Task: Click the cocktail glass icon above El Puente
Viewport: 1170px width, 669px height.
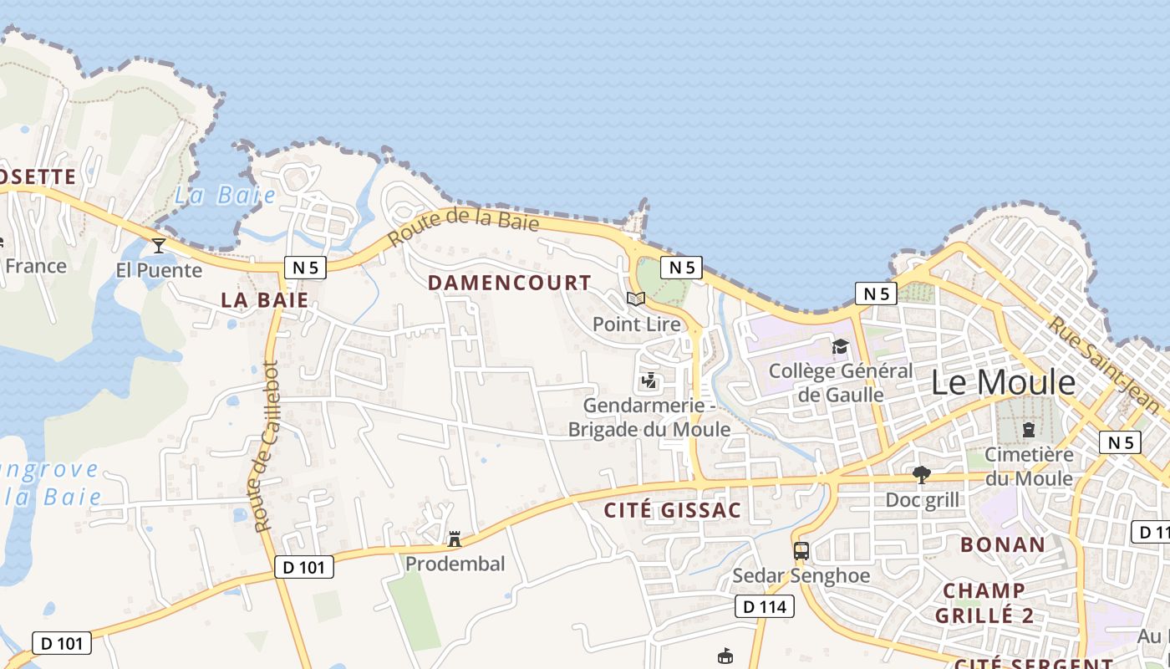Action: click(x=159, y=245)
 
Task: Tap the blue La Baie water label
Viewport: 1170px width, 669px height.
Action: click(x=225, y=196)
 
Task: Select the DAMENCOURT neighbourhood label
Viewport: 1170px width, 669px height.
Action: click(x=510, y=283)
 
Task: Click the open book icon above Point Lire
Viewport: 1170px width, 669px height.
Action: click(x=636, y=299)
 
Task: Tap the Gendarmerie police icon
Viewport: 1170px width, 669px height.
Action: click(x=649, y=381)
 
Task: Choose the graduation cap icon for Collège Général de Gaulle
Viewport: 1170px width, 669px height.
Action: click(x=840, y=346)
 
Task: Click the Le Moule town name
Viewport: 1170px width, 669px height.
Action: click(x=1003, y=382)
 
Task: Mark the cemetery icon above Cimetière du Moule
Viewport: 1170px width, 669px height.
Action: click(x=1029, y=430)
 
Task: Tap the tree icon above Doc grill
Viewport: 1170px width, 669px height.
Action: click(x=922, y=475)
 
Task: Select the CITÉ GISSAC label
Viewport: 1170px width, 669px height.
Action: click(x=673, y=510)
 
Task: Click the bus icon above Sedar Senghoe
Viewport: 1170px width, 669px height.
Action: click(x=801, y=551)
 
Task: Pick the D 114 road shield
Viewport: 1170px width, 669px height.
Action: click(x=764, y=607)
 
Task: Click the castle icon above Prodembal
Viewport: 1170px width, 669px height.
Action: click(x=455, y=539)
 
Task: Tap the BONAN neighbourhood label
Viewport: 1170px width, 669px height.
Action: click(x=1002, y=544)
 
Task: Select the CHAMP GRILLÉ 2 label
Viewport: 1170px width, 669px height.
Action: click(x=984, y=604)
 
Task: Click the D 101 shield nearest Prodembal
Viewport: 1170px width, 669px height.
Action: click(x=304, y=567)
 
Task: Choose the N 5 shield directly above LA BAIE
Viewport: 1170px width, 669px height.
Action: click(x=304, y=268)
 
